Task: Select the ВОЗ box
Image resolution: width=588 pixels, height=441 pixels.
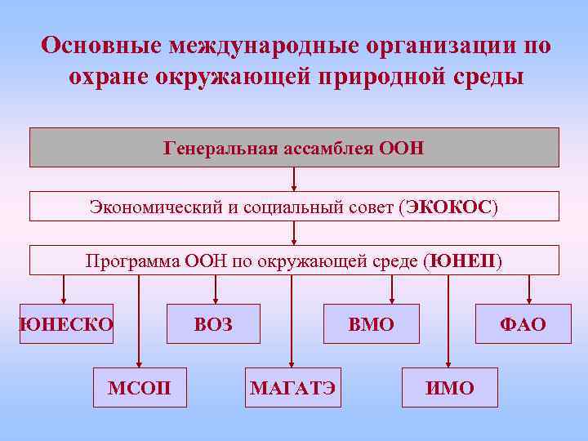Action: pos(214,324)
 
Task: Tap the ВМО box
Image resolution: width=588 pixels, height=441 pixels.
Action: pos(372,324)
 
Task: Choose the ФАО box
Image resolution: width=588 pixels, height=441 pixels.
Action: pos(523,324)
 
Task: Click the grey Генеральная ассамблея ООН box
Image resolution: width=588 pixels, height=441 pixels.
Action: pos(294,148)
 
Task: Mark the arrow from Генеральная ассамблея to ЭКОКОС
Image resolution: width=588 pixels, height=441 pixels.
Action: pos(294,179)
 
